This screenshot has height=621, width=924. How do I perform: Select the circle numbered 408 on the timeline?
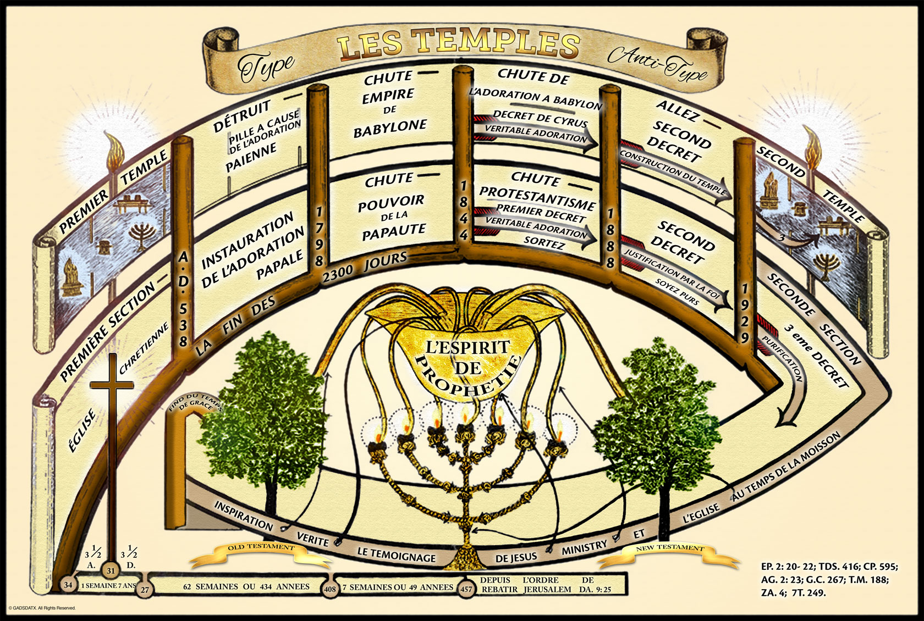(x=330, y=589)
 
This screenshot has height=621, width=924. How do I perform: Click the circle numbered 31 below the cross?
(x=111, y=570)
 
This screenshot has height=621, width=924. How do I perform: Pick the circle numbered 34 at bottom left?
(x=68, y=585)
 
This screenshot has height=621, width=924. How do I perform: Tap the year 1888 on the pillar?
(x=610, y=238)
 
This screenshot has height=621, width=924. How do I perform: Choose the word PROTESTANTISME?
(x=537, y=198)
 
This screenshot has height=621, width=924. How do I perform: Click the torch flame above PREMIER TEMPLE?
(x=116, y=148)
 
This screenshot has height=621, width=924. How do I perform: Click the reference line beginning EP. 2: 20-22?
(x=829, y=567)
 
